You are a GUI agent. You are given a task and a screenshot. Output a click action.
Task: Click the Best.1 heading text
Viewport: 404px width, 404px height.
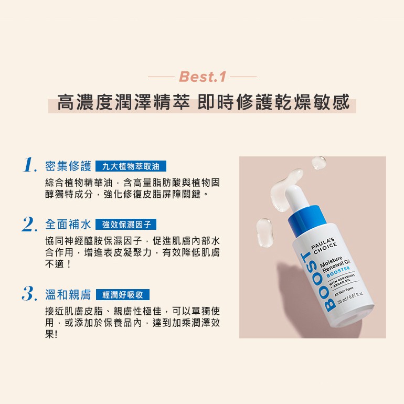(203, 77)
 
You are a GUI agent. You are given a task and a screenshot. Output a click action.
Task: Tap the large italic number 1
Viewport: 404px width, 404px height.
(30, 165)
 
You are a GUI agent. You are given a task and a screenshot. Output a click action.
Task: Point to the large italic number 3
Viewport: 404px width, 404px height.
(29, 294)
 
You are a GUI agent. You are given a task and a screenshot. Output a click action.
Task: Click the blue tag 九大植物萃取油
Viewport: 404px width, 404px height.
(131, 166)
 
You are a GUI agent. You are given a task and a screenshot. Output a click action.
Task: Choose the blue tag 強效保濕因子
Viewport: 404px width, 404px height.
(126, 225)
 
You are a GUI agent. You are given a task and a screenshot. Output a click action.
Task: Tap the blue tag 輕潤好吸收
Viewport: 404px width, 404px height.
(123, 294)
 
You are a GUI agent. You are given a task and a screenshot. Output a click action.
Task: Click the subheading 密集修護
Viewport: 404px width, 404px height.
(68, 166)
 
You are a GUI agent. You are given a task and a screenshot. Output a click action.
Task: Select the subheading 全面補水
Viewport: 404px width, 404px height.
(68, 225)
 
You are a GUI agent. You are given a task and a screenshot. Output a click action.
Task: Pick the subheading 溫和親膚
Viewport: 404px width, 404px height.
(68, 294)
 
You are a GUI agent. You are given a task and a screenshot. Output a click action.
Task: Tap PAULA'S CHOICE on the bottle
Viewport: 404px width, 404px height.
(324, 246)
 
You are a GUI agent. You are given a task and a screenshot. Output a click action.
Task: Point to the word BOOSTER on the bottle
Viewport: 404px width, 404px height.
(338, 272)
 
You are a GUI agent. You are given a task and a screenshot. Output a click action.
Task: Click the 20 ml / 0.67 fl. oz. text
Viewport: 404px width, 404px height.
(350, 297)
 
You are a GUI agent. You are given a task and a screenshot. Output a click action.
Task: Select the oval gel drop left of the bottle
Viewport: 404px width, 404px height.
(264, 232)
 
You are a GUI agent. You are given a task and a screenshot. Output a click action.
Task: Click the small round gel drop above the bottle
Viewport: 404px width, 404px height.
(318, 163)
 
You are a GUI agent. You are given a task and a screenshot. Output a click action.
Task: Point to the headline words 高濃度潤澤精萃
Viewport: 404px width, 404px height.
(123, 102)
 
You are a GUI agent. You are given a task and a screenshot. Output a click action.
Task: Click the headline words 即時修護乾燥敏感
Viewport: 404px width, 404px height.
(273, 102)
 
